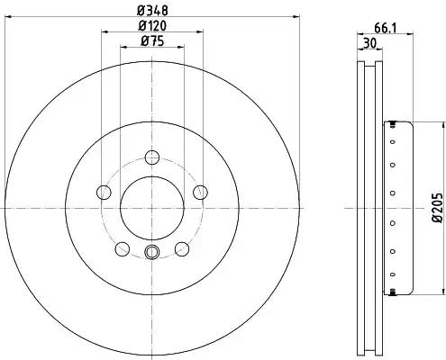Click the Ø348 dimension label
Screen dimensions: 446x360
[152, 11]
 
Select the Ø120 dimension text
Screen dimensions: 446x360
[152, 26]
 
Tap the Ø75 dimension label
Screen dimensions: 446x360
[152, 41]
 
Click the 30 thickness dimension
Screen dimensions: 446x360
[369, 43]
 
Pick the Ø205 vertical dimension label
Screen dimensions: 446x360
[437, 208]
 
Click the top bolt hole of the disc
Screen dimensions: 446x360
[152, 157]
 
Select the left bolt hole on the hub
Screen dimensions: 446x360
[104, 193]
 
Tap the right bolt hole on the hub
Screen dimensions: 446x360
[200, 193]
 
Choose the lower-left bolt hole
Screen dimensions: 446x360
[123, 249]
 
